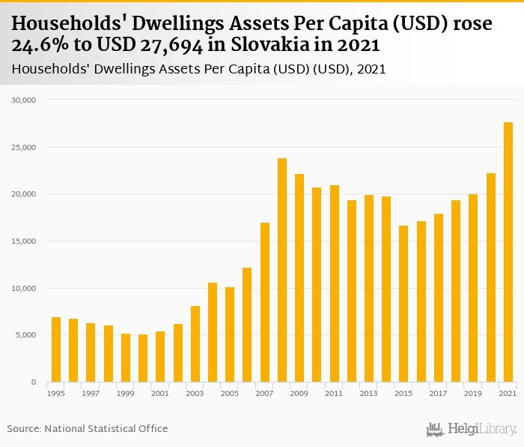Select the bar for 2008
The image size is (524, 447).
(282, 270)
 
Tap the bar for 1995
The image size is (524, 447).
(56, 349)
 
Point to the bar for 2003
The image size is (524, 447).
(195, 344)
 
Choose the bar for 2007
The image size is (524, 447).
(265, 302)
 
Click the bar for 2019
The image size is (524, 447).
(474, 288)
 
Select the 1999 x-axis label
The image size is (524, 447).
(126, 393)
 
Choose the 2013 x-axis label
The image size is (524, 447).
(369, 393)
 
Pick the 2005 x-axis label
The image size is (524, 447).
(230, 393)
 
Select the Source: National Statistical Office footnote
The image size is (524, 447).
(88, 428)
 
